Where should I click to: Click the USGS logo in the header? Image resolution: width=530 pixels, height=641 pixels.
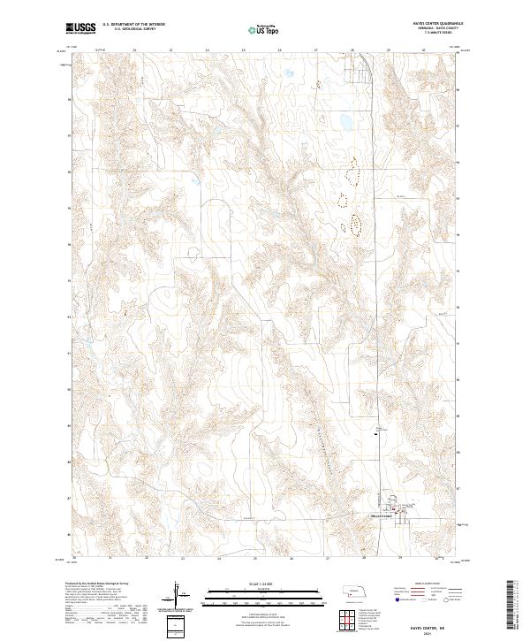point(81,29)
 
